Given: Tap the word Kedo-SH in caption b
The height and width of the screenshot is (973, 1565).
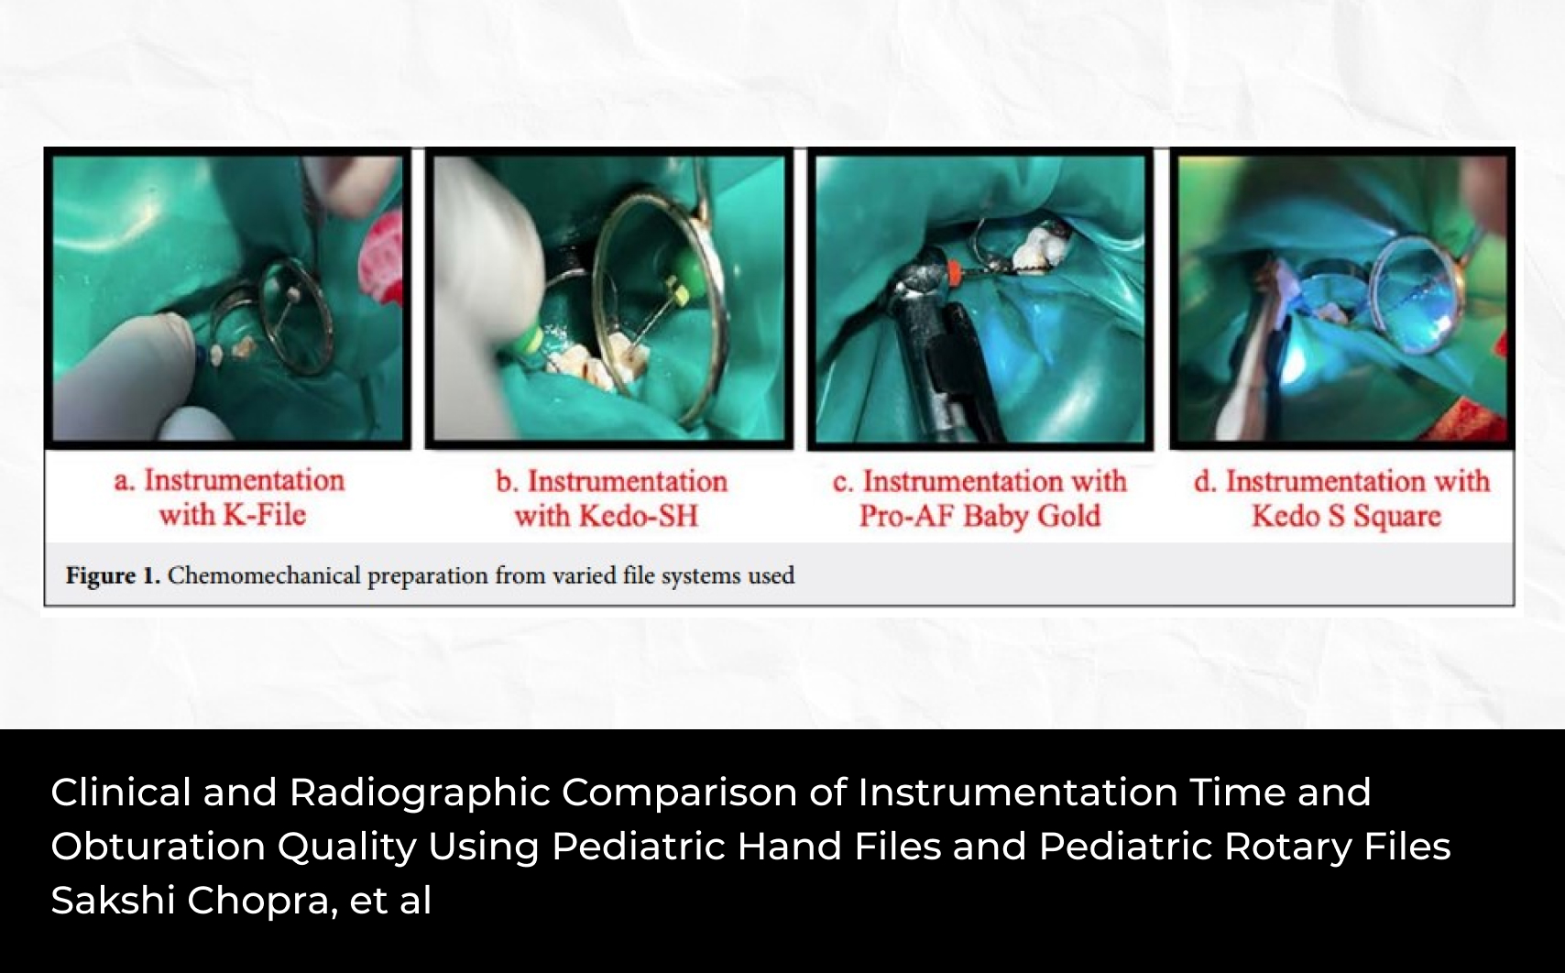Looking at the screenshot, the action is (x=638, y=516).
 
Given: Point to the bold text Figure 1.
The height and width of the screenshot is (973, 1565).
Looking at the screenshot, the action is (x=114, y=575).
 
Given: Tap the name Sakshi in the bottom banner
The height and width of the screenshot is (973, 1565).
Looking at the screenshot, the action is (x=113, y=900).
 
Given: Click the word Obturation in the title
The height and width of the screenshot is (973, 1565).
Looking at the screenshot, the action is (x=158, y=846).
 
